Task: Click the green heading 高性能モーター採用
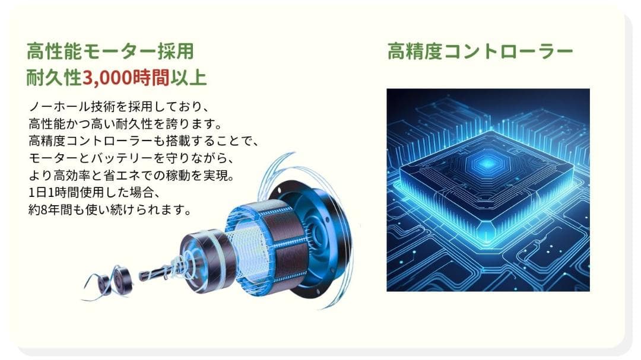110,52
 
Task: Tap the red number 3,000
112,78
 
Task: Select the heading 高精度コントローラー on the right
480,52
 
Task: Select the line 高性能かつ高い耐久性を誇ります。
125,125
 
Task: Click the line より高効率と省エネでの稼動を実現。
133,176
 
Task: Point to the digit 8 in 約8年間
47,211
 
